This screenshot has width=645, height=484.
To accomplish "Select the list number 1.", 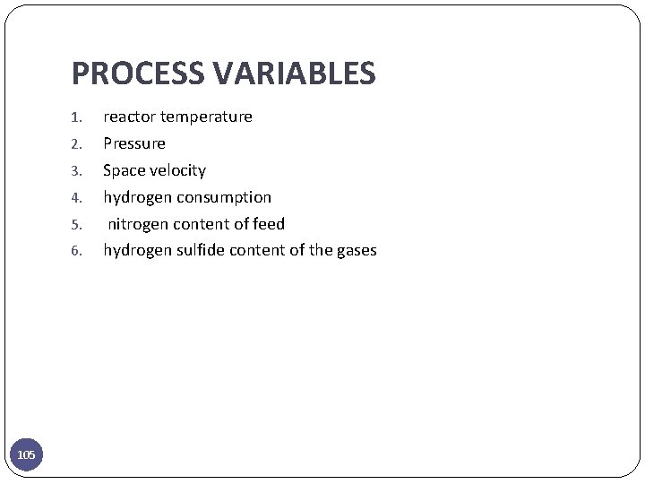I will [x=76, y=117].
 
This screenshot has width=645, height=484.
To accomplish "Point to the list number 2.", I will [x=76, y=144].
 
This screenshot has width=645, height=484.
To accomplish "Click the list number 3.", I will [x=76, y=171].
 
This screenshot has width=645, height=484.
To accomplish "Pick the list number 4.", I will [x=76, y=198].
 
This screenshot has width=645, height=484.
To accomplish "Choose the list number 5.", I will [x=76, y=225].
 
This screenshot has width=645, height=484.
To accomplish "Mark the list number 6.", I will [x=76, y=252].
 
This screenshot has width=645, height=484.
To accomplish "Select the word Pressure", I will [x=134, y=143].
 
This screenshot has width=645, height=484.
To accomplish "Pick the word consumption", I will [x=224, y=197].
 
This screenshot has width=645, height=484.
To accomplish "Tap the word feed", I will [x=269, y=224].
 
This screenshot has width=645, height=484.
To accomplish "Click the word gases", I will [x=357, y=251].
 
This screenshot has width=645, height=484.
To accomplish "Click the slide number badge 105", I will [x=27, y=455].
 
